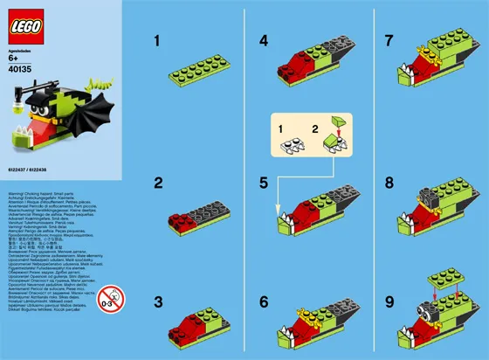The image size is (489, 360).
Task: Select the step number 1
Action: [x=158, y=40]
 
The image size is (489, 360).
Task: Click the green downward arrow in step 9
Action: [x=437, y=282]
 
